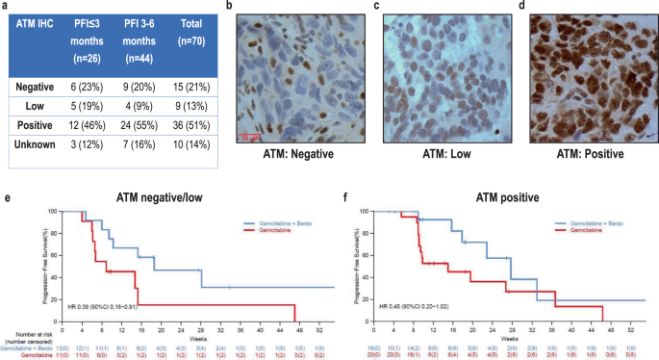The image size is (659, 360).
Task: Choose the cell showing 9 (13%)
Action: pos(182,106)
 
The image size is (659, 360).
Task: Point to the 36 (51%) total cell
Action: pos(182,125)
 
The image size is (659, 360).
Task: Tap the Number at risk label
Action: pos(22,331)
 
